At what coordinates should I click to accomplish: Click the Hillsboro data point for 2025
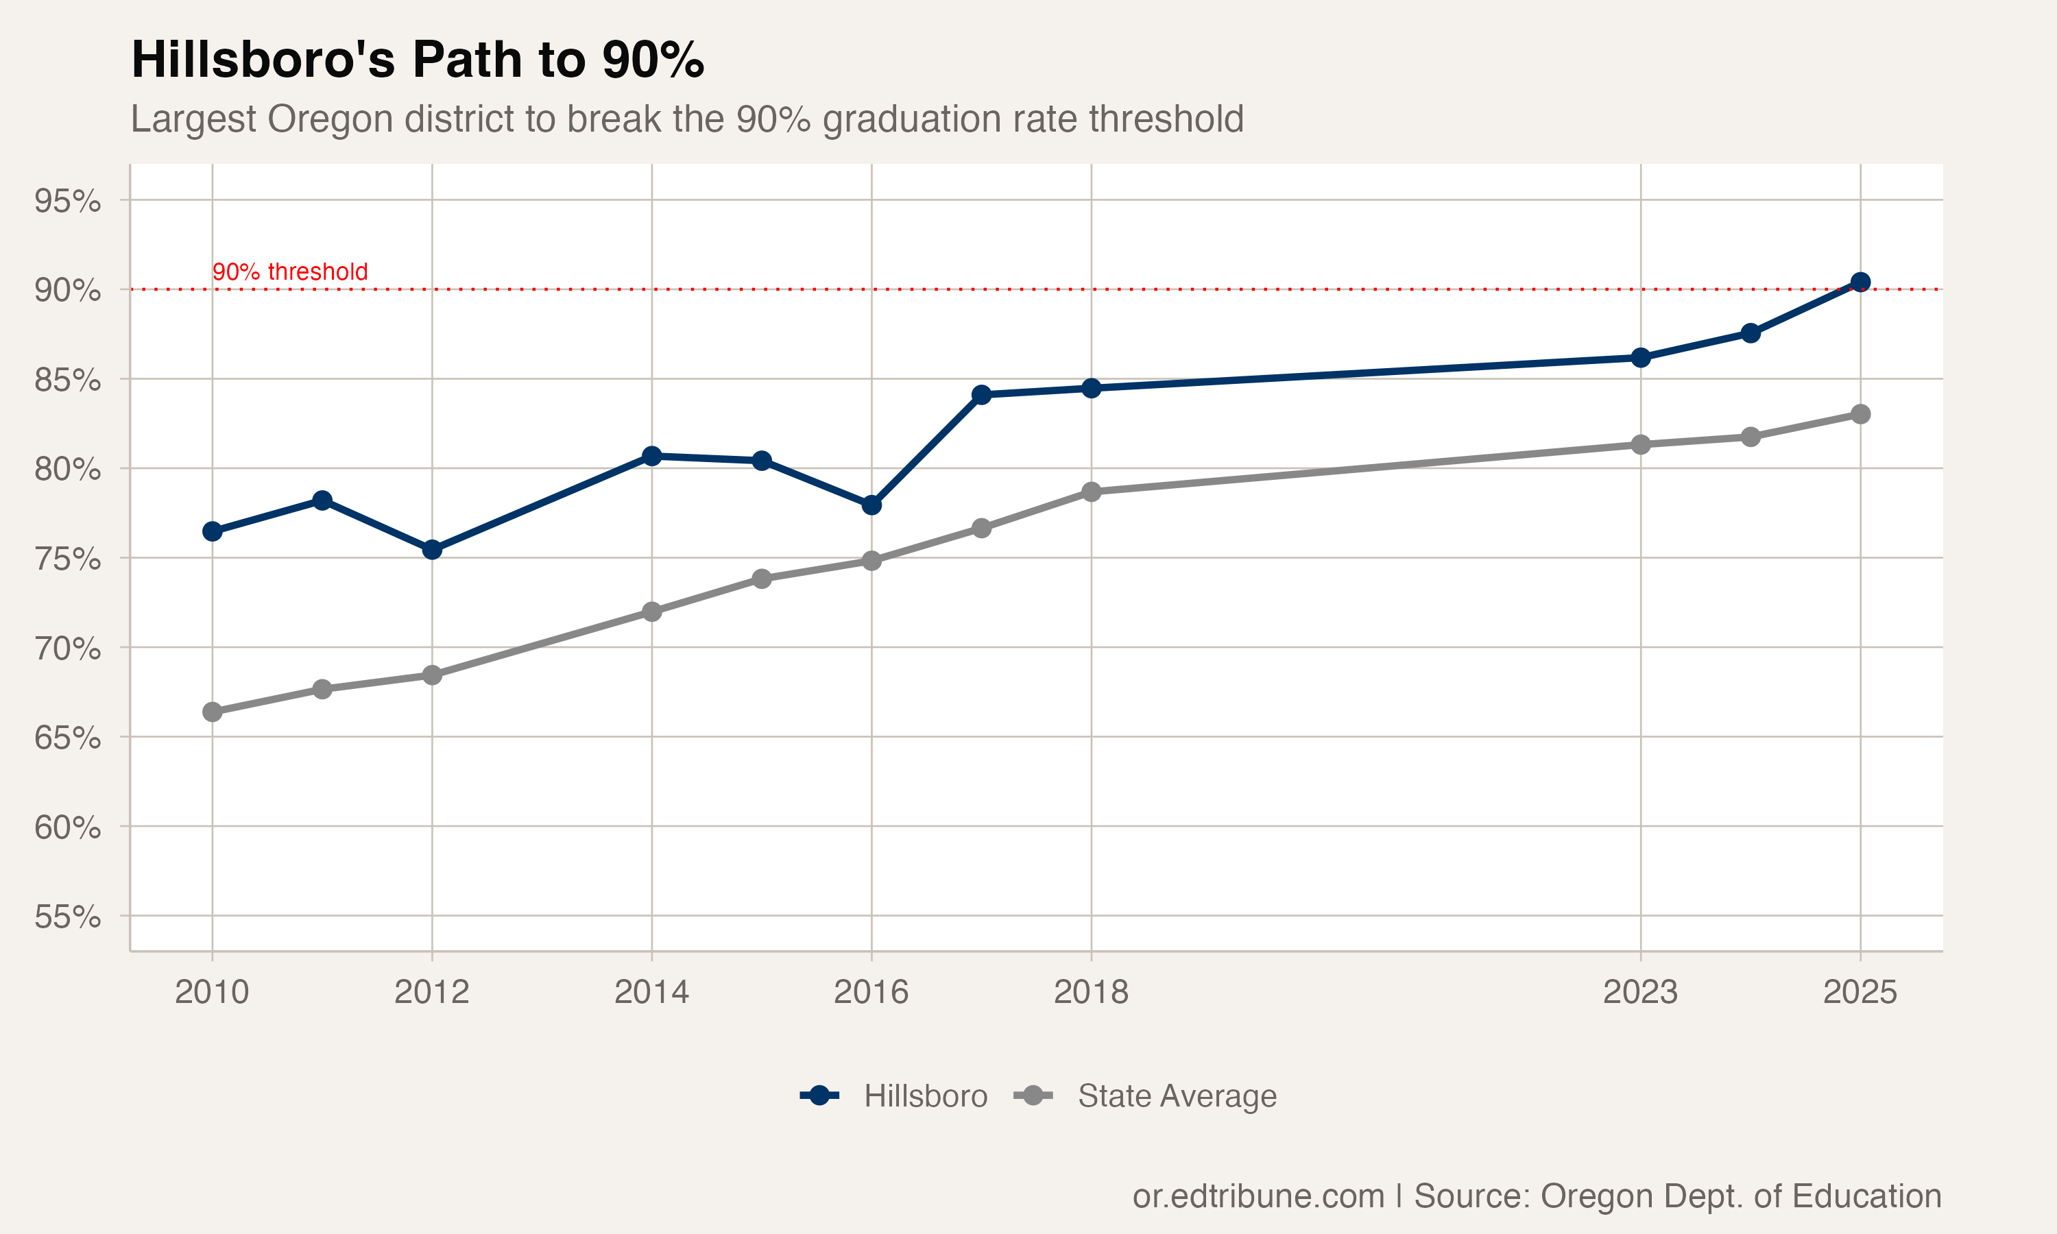tap(1860, 282)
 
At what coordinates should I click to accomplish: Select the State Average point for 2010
tap(212, 712)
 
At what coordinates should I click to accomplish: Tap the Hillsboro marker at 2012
tap(431, 550)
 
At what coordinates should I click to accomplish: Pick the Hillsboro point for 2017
tap(981, 394)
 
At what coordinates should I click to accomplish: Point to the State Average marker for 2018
tap(1091, 492)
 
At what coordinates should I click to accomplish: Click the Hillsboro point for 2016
tap(871, 505)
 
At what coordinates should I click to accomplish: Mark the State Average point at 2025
tap(1860, 414)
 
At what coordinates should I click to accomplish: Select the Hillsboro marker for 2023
tap(1640, 358)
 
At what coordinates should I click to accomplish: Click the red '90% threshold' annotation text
tap(289, 272)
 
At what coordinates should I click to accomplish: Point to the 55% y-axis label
tap(67, 917)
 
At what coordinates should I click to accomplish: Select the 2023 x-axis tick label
tap(1639, 992)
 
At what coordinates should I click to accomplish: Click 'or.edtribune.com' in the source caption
tap(1258, 1196)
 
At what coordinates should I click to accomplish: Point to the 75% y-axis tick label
tap(67, 559)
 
